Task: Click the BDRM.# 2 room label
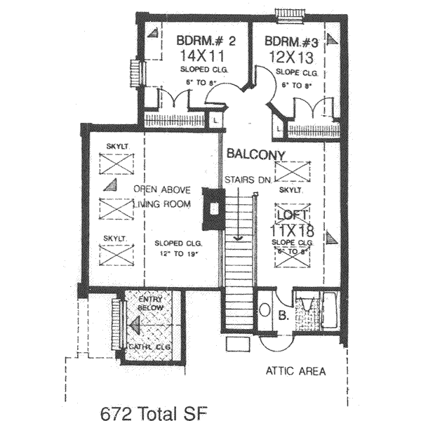click(x=204, y=41)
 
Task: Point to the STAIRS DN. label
click(x=248, y=180)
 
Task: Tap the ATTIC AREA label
click(x=295, y=371)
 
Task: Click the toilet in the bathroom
click(x=265, y=309)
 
